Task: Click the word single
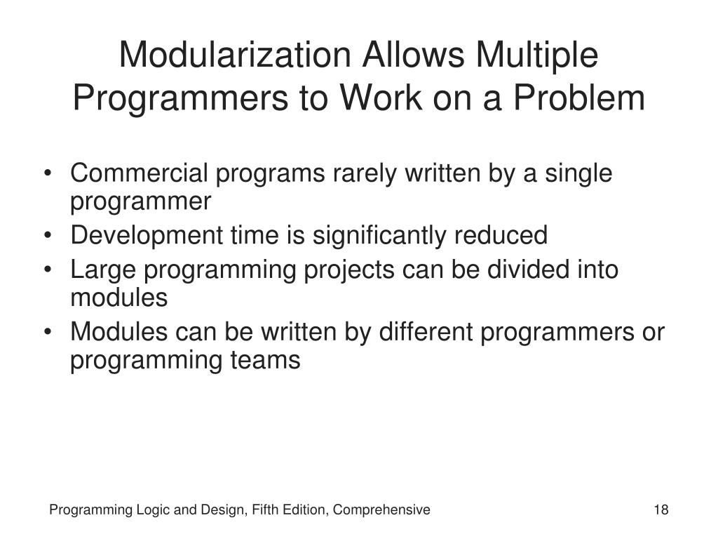pyautogui.click(x=578, y=173)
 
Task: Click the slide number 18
pyautogui.click(x=661, y=510)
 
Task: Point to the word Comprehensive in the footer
pyautogui.click(x=381, y=510)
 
